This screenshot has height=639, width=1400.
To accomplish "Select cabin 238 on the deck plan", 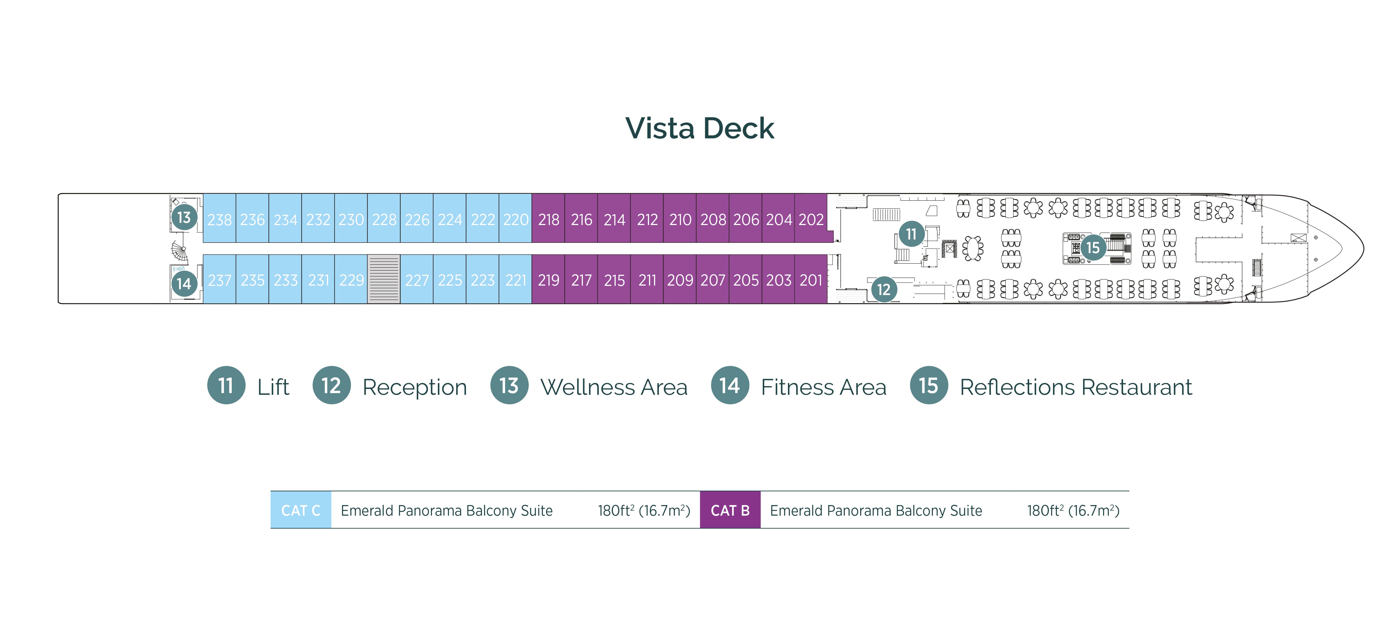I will coord(219,219).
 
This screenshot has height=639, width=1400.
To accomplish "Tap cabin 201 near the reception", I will coord(811,280).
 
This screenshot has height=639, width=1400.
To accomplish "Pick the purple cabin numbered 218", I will coord(548,219).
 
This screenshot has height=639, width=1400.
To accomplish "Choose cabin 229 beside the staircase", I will coord(351,280).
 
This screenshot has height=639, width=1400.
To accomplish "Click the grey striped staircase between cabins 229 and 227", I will coord(384,279).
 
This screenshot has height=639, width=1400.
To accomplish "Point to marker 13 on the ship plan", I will coord(184,217).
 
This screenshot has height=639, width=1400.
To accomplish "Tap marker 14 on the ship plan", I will coord(184,283).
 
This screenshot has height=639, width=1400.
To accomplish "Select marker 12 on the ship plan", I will coord(884,289).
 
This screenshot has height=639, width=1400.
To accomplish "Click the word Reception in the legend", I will coord(415,387).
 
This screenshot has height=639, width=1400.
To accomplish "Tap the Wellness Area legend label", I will coord(613,387).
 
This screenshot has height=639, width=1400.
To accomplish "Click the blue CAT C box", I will coord(301,510).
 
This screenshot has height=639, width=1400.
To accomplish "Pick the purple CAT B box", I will coord(730,510).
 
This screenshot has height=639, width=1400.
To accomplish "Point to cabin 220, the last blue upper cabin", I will coord(515,219).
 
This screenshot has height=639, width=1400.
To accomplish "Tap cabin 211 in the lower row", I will coord(647,280).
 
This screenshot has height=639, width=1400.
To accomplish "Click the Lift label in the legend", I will coord(273,387).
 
